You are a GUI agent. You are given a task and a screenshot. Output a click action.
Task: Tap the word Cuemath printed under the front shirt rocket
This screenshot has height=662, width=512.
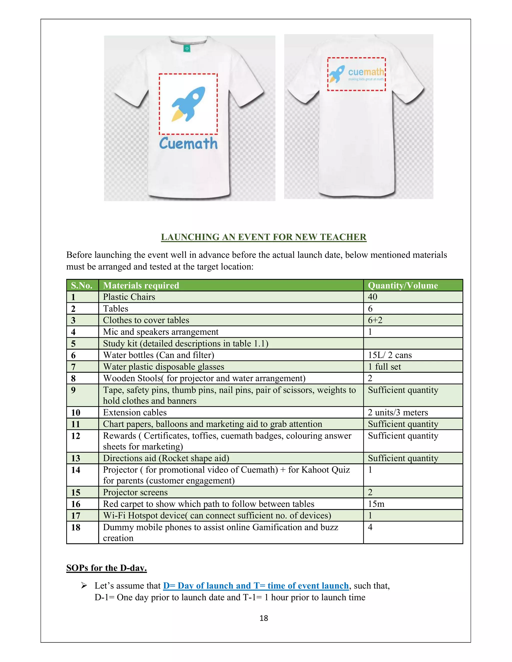[188, 144]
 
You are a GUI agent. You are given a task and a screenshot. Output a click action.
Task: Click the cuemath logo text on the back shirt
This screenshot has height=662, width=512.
[366, 72]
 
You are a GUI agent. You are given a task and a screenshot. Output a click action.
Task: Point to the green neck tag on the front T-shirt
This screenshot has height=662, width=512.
[187, 48]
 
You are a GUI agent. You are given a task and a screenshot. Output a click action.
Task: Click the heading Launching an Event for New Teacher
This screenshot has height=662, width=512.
[263, 237]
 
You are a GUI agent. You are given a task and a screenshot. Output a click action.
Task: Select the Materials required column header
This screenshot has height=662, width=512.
[141, 286]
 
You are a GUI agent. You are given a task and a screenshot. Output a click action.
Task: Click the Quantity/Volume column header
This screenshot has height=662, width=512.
[403, 286]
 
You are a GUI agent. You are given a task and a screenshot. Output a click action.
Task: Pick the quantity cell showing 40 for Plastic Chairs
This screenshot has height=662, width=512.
[372, 297]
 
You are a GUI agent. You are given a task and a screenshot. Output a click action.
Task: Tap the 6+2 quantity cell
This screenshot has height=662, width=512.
[375, 321]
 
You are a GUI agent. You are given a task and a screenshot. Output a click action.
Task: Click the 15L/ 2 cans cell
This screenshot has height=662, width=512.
[390, 355]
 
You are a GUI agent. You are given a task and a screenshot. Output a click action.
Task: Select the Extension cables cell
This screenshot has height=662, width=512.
[135, 412]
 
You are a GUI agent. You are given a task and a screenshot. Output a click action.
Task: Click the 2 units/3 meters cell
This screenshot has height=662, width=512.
[398, 412]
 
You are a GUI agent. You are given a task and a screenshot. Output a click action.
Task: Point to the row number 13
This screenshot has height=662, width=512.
[75, 458]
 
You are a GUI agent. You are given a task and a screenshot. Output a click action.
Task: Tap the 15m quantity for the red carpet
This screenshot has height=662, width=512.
[376, 504]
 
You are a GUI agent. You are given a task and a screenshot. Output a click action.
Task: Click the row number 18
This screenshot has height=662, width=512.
[75, 527]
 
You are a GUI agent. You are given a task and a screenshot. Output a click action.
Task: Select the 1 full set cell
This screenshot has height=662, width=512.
[384, 367]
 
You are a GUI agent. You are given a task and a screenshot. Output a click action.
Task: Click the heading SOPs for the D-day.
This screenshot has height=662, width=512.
[106, 568]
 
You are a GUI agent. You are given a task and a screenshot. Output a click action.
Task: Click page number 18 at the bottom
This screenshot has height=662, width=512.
[263, 618]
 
